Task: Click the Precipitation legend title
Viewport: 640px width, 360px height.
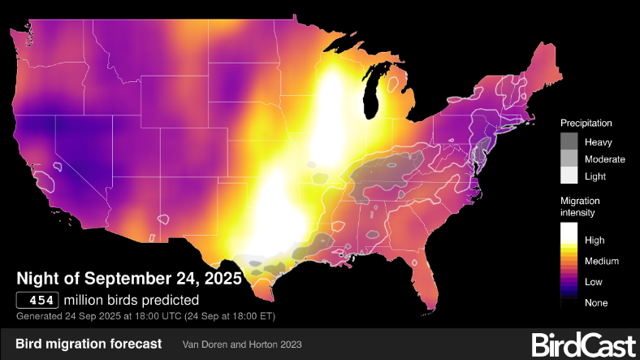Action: tap(586, 123)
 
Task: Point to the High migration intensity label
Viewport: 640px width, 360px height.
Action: tap(595, 241)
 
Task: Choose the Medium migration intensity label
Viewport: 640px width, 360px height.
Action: tap(602, 262)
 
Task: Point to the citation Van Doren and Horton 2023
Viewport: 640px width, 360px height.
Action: tap(242, 345)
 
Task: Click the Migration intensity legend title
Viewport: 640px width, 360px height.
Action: tap(578, 206)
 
